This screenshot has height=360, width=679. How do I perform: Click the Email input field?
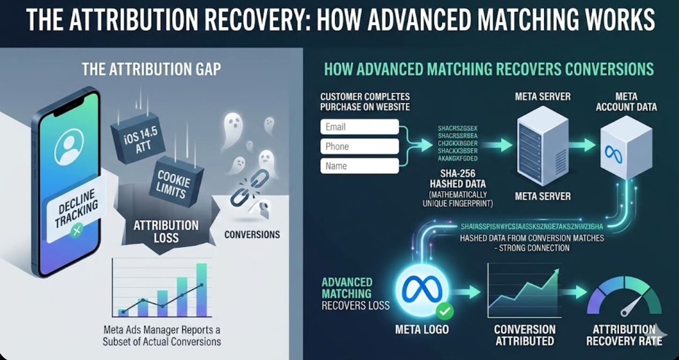coord(359,127)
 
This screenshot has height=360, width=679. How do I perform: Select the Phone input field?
coord(359,146)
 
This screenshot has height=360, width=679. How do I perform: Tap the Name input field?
coord(359,166)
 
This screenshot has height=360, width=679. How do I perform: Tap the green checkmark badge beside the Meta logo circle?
coord(444,310)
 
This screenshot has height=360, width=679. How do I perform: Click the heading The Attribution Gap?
coord(152,70)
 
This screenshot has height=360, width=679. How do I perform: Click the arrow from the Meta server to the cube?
coord(582,145)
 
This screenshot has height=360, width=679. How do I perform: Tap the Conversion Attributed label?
coord(524,335)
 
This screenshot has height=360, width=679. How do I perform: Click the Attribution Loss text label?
coord(166,231)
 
